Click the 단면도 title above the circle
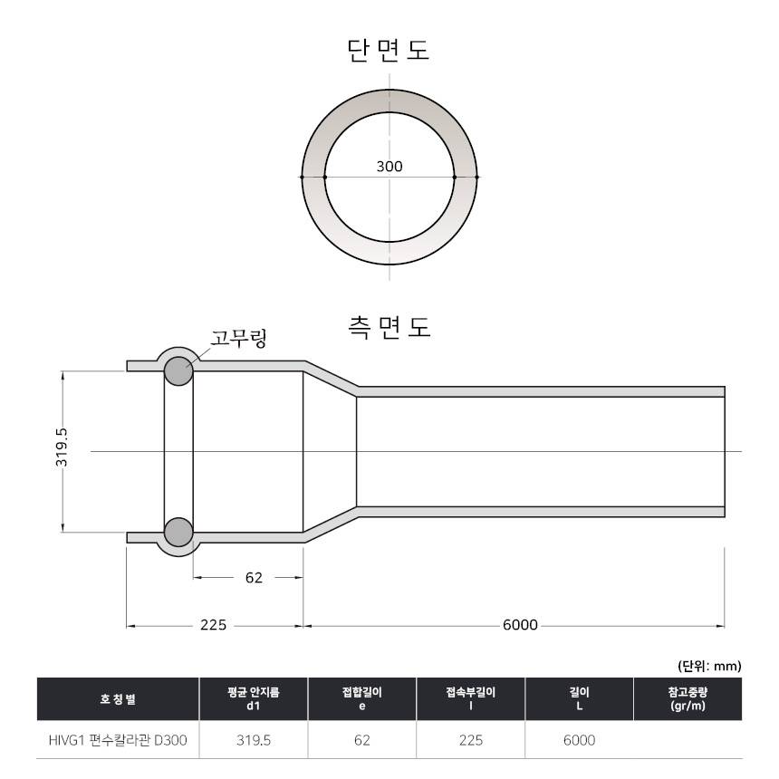pyautogui.click(x=388, y=51)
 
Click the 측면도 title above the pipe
pyautogui.click(x=389, y=327)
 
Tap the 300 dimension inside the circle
pyautogui.click(x=389, y=167)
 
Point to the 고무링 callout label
pyautogui.click(x=239, y=338)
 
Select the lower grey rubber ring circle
pyautogui.click(x=178, y=532)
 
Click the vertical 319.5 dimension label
pyautogui.click(x=62, y=447)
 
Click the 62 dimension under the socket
pyautogui.click(x=254, y=577)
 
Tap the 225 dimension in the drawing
pyautogui.click(x=213, y=624)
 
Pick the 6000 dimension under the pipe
pyautogui.click(x=520, y=624)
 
